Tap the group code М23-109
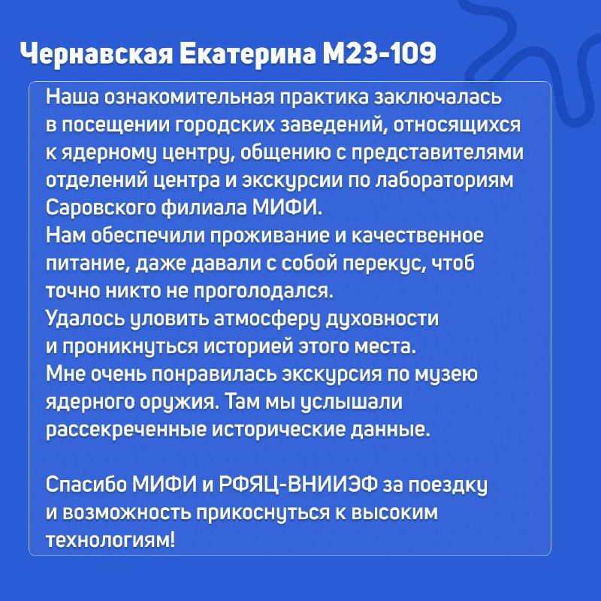click(379, 53)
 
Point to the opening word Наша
click(72, 97)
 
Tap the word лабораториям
click(444, 181)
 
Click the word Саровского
click(101, 209)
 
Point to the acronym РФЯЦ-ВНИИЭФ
click(297, 485)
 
